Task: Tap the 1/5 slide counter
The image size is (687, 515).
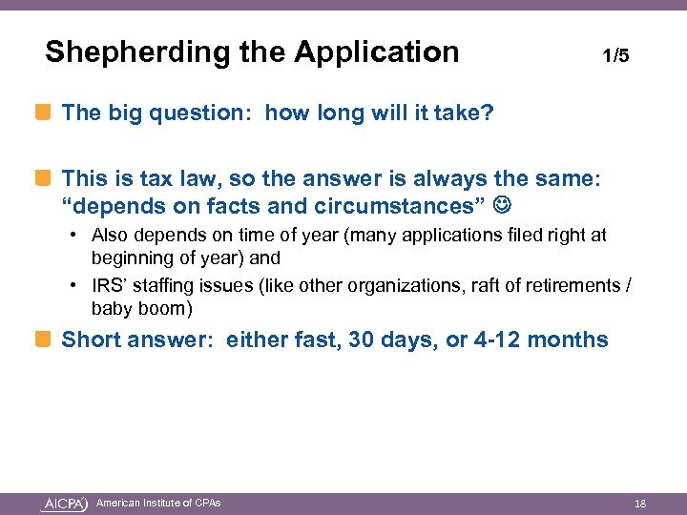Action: tap(615, 55)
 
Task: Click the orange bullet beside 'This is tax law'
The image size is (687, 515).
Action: tap(45, 177)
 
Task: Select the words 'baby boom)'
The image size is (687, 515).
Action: tap(141, 308)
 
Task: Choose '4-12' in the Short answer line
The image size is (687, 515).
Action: tap(498, 340)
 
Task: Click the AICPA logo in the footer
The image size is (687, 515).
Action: tap(65, 503)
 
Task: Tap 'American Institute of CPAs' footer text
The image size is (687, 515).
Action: tap(158, 503)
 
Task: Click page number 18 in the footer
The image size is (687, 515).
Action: tap(641, 503)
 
